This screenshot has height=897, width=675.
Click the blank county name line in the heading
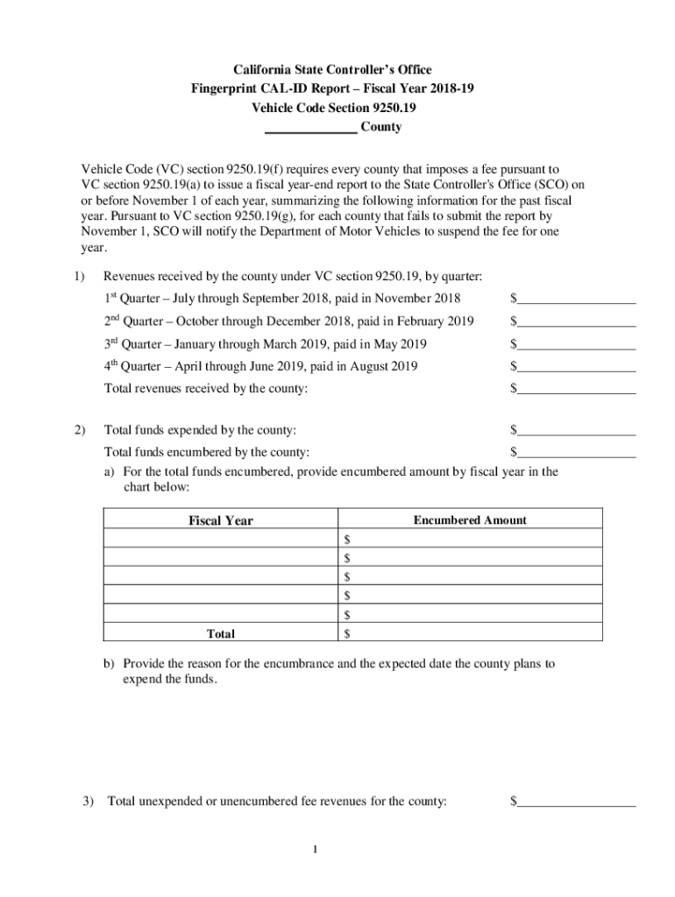(310, 128)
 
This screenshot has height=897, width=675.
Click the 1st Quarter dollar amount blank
(576, 300)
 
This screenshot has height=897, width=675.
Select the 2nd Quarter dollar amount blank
(576, 322)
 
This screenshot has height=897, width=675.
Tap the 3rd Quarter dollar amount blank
(576, 344)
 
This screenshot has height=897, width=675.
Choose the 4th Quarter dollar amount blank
(576, 366)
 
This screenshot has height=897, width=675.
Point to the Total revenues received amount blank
(576, 388)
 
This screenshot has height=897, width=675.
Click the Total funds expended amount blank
(576, 431)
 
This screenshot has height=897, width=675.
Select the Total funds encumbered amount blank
(576, 453)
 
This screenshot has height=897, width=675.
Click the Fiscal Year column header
(221, 520)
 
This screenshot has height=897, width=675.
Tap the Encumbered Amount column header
(470, 520)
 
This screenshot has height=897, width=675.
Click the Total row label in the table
(220, 633)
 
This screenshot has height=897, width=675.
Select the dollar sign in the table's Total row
(348, 633)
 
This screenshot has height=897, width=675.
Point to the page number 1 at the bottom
(337, 849)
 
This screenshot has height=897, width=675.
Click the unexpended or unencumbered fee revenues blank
(576, 802)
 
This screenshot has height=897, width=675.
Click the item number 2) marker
(80, 430)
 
